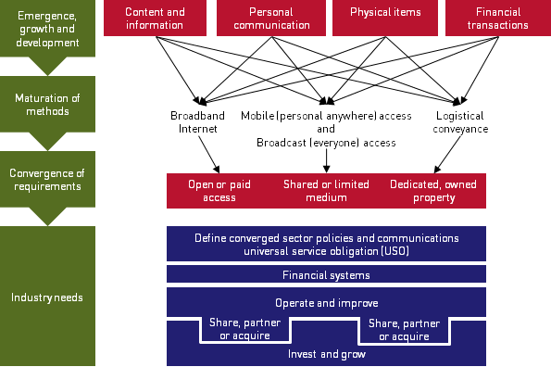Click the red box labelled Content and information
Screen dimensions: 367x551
point(155,19)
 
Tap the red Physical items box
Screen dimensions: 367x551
point(384,14)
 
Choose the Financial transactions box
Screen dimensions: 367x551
point(498,19)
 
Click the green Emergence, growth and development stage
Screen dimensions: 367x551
point(47,28)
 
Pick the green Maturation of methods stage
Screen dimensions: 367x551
point(47,104)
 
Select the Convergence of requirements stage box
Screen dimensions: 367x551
point(47,180)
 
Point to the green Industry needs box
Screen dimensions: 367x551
point(47,297)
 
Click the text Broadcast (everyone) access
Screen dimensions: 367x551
point(326,143)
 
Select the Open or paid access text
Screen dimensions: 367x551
point(219,190)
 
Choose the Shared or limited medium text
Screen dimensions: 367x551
point(327,190)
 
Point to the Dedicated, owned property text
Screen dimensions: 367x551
point(434,190)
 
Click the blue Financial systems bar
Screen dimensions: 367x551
point(326,275)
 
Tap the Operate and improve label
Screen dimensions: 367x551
point(326,303)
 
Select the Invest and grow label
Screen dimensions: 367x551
point(326,353)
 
